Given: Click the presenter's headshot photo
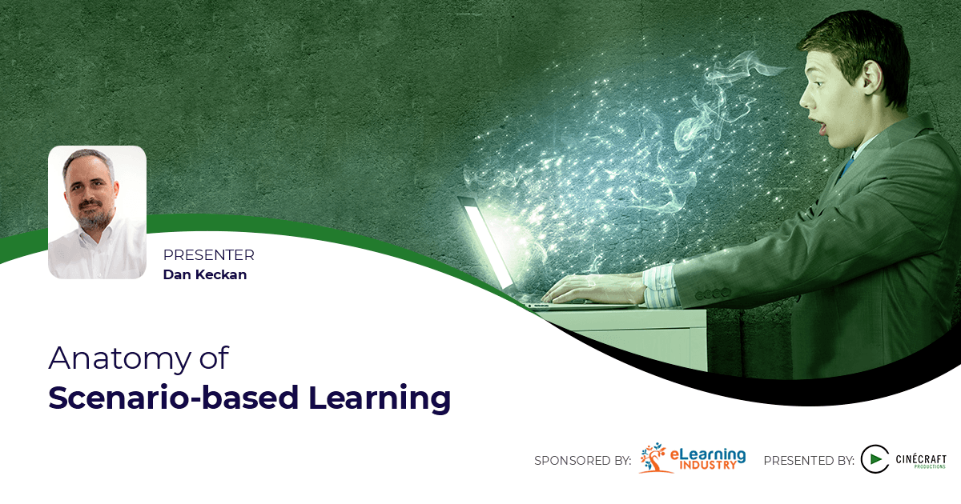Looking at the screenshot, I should (97, 212).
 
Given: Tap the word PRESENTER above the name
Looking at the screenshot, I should (208, 255).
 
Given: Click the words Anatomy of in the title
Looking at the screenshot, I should (139, 358).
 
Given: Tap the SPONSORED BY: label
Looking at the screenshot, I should (582, 461).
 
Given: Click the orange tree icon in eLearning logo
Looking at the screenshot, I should (655, 458).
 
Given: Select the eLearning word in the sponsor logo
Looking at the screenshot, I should (708, 454).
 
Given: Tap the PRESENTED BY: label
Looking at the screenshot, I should (809, 461).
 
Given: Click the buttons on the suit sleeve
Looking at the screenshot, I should (710, 294).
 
